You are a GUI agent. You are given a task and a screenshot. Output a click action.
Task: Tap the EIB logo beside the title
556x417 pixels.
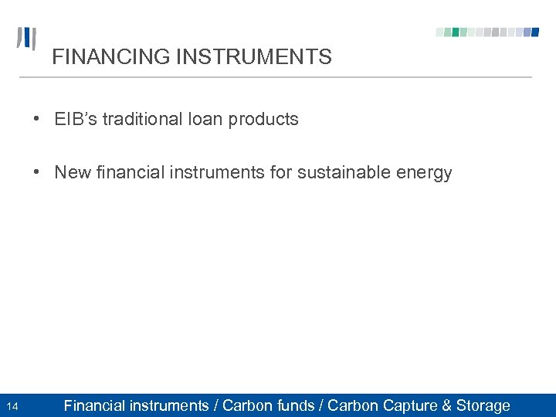[x=26, y=39]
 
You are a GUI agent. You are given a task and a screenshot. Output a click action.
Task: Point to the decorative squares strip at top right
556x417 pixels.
[x=487, y=32]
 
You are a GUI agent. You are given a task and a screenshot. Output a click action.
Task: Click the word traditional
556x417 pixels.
[x=143, y=119]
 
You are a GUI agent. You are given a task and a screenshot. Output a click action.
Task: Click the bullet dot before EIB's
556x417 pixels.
[x=37, y=120]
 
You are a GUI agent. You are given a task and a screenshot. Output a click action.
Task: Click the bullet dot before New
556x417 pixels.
[x=37, y=172]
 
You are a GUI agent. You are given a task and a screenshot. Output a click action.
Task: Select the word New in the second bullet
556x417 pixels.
[x=73, y=172]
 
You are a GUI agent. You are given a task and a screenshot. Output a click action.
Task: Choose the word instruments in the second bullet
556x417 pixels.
[x=222, y=172]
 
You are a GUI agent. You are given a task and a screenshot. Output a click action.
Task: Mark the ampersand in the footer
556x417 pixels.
[x=447, y=405]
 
